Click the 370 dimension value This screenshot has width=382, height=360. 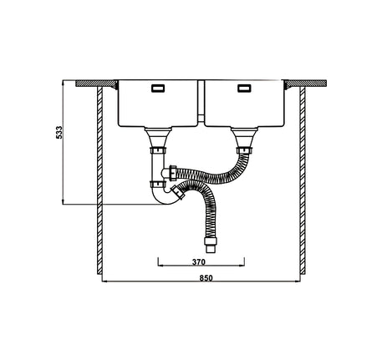200,261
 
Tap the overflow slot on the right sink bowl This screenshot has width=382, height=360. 244,87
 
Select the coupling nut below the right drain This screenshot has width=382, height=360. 244,150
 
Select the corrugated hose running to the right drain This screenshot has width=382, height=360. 213,175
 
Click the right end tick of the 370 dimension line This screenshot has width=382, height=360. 245,266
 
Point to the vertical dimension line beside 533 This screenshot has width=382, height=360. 66,142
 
